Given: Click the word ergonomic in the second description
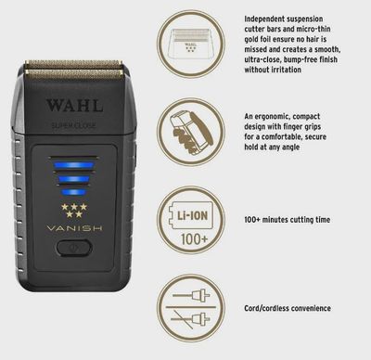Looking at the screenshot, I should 292,109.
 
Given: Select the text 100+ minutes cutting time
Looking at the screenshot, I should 299,219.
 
